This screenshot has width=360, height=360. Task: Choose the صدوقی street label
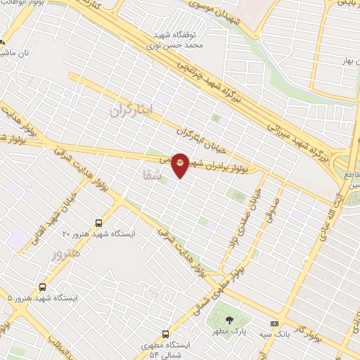coord(268,205)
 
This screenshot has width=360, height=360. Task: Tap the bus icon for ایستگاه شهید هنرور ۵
coord(44,287)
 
